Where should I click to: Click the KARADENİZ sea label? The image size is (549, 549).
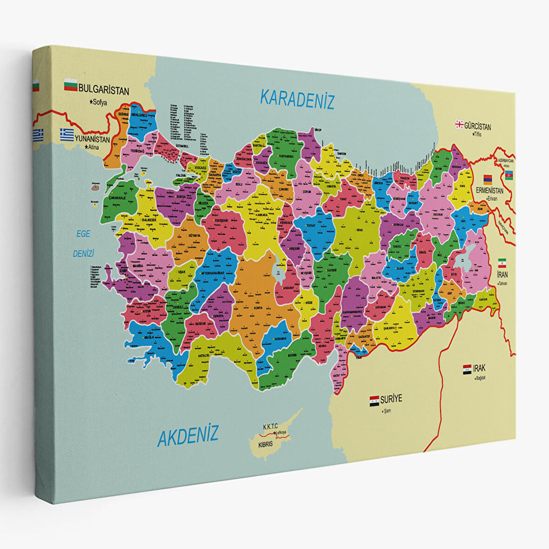297,99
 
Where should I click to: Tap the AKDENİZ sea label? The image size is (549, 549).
187,436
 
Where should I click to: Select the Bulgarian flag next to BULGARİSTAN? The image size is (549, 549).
71,85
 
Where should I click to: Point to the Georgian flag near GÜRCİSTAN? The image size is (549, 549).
459,124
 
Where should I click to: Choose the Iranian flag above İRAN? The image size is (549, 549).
502,262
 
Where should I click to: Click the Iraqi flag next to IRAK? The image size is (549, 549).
467,370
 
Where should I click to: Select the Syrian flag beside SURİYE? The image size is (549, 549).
374,401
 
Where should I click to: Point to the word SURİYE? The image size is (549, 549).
391,399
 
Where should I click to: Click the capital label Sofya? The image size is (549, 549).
100,102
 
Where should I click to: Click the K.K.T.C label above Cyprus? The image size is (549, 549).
270,426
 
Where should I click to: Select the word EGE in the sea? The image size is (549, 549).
83,234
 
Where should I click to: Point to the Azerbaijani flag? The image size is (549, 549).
509,175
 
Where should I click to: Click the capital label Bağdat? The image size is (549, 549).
480,378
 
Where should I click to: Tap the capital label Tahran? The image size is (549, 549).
502,283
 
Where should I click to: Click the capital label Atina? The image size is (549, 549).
93,147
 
